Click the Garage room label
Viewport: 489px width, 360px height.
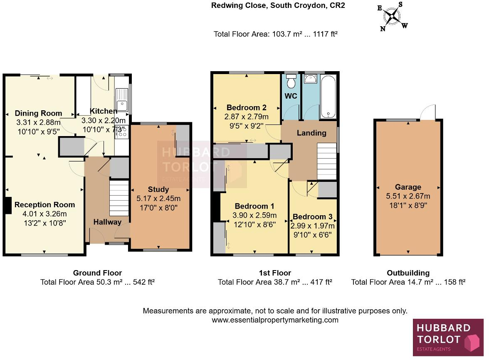tap(408, 187)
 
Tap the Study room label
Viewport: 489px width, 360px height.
tap(158, 190)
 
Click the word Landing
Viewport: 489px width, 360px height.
tap(311, 133)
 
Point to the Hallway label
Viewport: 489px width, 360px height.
tap(107, 222)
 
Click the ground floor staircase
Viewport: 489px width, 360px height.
tap(119, 197)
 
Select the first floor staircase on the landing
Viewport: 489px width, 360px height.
tap(326, 161)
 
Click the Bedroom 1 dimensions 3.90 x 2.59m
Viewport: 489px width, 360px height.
tap(254, 216)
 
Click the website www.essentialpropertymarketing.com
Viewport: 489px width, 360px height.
tap(275, 320)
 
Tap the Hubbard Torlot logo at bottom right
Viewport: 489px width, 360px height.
tap(448, 338)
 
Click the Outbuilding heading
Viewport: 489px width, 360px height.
tap(408, 273)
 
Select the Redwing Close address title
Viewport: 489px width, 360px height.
tap(278, 6)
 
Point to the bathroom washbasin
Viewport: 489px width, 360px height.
tap(311, 79)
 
